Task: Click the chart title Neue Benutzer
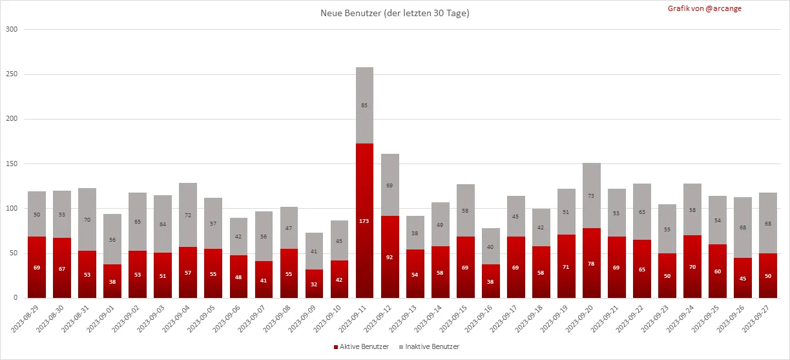pos(395,14)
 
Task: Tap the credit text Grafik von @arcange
pos(704,8)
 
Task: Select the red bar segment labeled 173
pos(365,220)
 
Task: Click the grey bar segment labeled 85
pos(365,105)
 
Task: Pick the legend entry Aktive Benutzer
pos(362,347)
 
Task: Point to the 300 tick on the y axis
pos(12,30)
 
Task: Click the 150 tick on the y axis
pos(12,164)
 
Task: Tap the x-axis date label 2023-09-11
pos(356,319)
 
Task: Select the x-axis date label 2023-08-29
pos(27,319)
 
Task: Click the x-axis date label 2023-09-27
pos(760,319)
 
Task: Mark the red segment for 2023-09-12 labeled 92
pos(390,257)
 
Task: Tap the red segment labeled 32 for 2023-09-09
pos(315,284)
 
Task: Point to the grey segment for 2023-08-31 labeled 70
pos(87,220)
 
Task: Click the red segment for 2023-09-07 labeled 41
pos(264,280)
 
